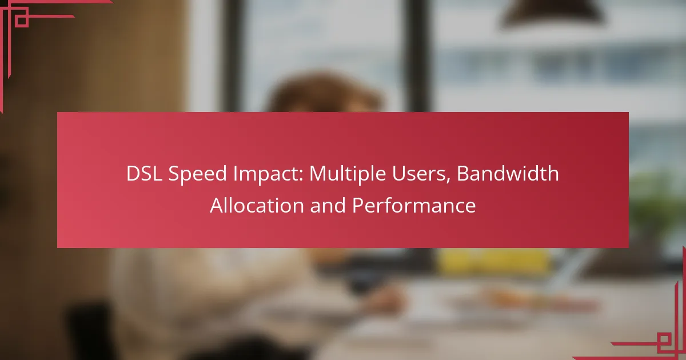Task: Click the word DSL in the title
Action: point(144,174)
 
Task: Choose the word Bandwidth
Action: point(508,173)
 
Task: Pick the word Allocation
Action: point(257,205)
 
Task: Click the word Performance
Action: point(414,205)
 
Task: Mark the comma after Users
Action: point(448,180)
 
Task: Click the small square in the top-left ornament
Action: point(22,21)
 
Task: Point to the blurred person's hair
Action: point(325,92)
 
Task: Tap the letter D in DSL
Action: point(133,174)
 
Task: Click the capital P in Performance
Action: point(358,205)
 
